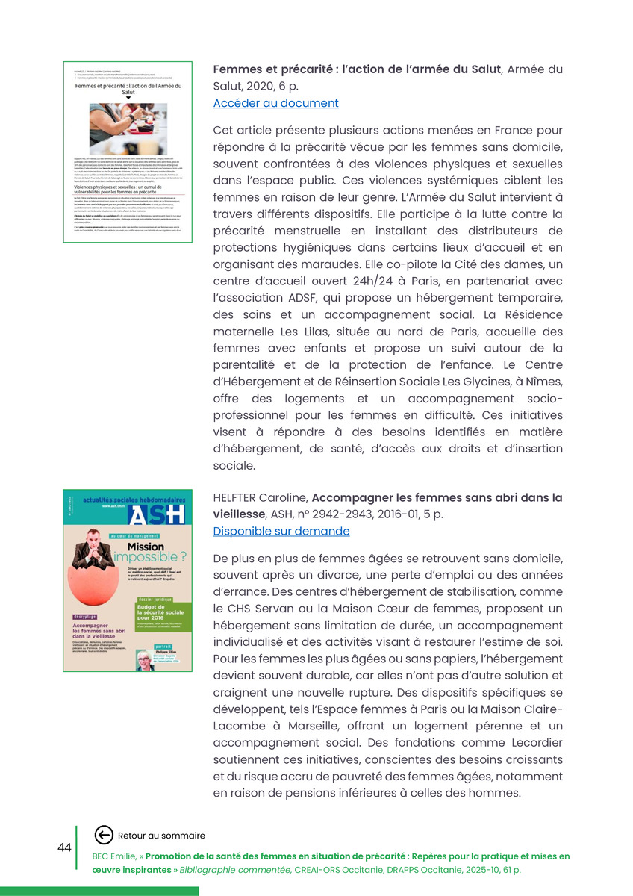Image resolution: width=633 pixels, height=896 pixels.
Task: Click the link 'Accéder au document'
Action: (x=275, y=103)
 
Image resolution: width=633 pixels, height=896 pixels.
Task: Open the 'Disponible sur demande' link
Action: (x=281, y=531)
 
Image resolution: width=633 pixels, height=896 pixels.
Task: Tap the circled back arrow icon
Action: (x=105, y=835)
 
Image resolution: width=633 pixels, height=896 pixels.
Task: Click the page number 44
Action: (x=64, y=847)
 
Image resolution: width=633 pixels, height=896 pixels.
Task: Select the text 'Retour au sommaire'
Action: (x=161, y=836)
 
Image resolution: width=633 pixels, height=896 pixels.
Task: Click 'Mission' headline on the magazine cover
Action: (x=146, y=547)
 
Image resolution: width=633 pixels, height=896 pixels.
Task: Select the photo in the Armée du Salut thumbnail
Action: (x=128, y=128)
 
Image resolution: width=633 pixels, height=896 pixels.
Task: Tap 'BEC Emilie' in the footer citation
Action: (x=114, y=856)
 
